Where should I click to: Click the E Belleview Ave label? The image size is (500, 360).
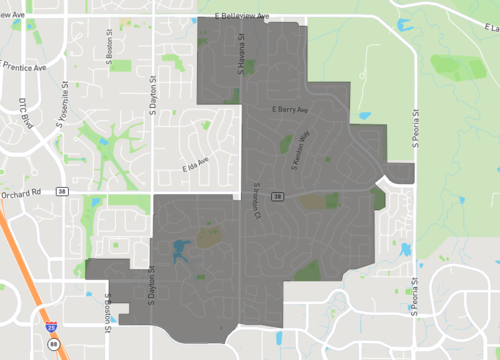coord(243,16)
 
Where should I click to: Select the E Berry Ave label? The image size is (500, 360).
coord(287,108)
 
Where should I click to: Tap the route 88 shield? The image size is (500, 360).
coord(54,345)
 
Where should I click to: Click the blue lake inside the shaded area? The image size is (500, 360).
coord(180,249)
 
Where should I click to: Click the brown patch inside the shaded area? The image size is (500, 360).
coord(313,201)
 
